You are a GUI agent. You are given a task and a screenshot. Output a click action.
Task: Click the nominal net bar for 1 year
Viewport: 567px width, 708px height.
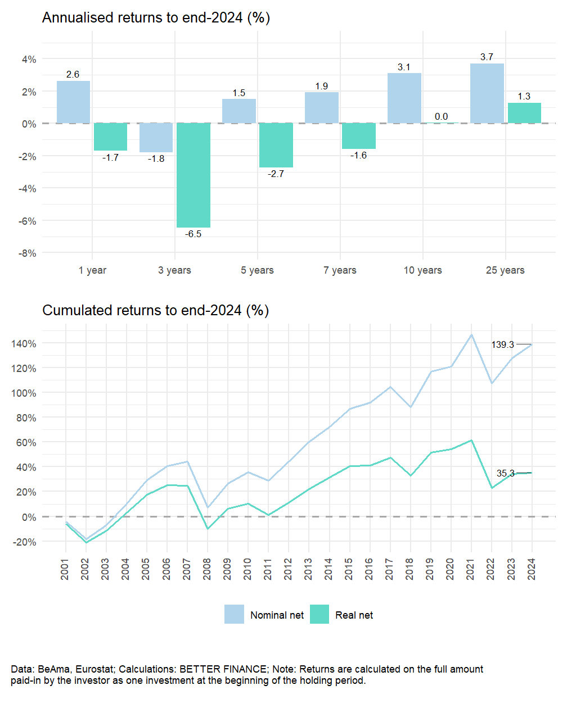[73, 102]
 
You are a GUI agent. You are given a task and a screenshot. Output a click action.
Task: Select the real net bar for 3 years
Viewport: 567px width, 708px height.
[193, 175]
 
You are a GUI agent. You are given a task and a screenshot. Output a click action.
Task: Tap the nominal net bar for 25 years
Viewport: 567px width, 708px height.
[487, 93]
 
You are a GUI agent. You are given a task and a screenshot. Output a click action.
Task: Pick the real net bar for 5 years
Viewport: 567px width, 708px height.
[276, 145]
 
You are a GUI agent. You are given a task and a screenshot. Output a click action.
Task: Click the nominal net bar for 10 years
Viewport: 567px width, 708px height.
[404, 98]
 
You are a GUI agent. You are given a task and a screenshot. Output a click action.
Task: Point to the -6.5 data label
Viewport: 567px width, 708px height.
[193, 234]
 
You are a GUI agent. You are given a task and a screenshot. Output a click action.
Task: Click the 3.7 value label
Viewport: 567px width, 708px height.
[487, 57]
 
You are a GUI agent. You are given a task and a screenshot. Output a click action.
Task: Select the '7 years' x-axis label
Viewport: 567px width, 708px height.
[340, 270]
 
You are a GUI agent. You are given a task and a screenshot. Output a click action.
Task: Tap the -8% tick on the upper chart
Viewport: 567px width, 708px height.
[27, 253]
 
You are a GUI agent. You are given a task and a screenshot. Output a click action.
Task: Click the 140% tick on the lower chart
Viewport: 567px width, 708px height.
[24, 344]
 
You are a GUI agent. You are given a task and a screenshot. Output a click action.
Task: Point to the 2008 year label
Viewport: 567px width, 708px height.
[208, 569]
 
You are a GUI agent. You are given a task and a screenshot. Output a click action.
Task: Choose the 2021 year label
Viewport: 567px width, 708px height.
[471, 569]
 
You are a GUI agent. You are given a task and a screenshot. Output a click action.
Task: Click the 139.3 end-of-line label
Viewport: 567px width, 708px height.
[503, 344]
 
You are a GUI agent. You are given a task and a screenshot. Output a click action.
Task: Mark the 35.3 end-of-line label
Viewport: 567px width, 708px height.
[505, 474]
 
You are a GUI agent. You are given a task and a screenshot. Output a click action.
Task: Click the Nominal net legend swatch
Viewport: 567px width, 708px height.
[234, 615]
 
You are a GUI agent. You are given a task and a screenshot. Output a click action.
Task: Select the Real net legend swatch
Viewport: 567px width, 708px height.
[319, 615]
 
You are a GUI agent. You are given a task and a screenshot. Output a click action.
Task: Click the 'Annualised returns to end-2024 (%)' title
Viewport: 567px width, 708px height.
[156, 18]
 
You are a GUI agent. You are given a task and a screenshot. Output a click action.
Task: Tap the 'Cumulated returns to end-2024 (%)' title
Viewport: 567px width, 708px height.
[155, 311]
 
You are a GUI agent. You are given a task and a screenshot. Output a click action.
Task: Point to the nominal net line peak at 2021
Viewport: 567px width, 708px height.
[471, 335]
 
